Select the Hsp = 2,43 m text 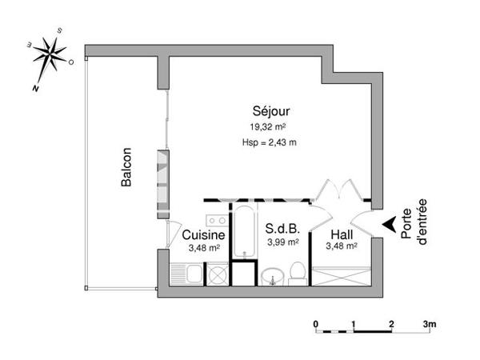coord(269,143)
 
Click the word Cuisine coord(203,235)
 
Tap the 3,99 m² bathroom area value coord(282,242)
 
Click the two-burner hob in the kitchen coord(214,220)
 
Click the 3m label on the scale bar coord(430,323)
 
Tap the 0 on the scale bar coord(316,323)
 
